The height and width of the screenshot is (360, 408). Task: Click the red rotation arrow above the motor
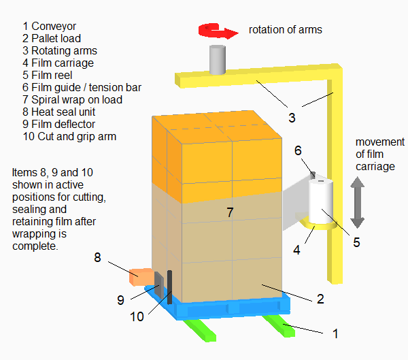(x=216, y=30)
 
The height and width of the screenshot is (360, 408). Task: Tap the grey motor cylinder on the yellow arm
(x=217, y=60)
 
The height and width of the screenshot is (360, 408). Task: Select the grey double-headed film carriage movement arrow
(x=358, y=202)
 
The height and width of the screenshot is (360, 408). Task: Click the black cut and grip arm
(x=169, y=286)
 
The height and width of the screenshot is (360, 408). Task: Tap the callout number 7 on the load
(x=230, y=213)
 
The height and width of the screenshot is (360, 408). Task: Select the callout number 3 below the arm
(x=292, y=118)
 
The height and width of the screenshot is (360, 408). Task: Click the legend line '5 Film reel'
(x=50, y=75)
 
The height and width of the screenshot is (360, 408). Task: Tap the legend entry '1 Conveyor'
(x=50, y=26)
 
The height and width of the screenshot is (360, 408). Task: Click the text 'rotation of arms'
(x=285, y=29)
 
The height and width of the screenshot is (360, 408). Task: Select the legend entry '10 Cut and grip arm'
(x=69, y=136)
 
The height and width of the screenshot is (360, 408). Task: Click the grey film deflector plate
(x=158, y=284)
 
